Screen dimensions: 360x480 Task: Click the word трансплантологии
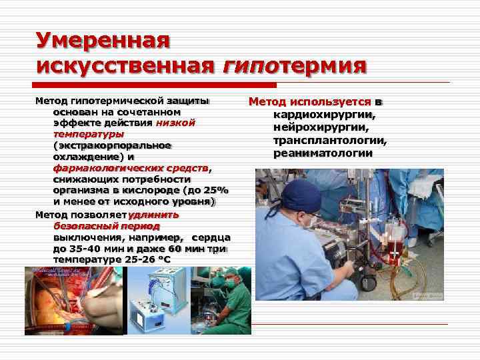click(x=329, y=141)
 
